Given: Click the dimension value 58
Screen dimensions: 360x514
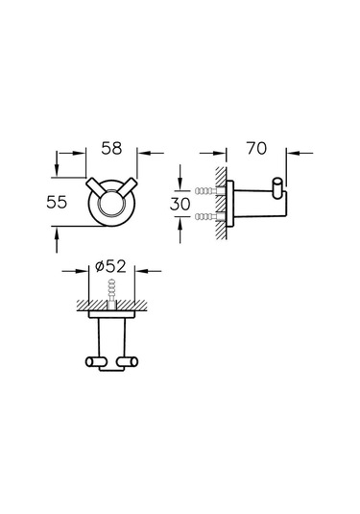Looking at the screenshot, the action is pos(111,148).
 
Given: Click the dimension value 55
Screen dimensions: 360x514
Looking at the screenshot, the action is pos(57,202).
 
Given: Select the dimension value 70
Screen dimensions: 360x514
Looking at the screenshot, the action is pos(257,148).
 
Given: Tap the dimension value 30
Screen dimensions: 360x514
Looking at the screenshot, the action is pos(180,204).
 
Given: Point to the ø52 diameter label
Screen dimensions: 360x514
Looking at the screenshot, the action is pos(110,266).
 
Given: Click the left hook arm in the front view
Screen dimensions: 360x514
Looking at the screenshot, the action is pos(95,188).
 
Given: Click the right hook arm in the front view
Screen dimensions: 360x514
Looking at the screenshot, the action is pos(127,188).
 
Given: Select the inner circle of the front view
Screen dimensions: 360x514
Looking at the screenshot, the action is pos(111,203).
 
